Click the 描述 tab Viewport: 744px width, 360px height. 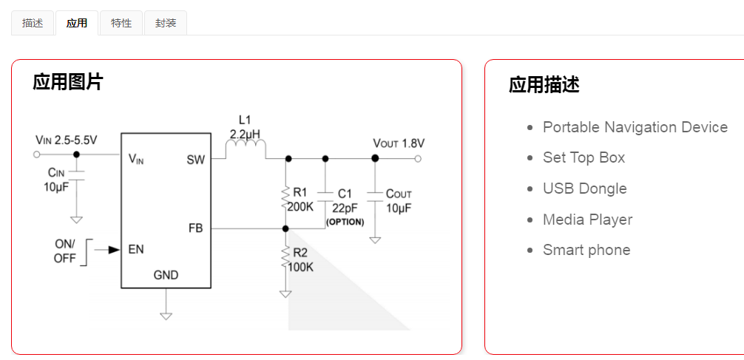click(33, 23)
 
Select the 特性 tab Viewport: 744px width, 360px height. click(121, 23)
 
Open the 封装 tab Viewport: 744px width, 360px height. click(166, 23)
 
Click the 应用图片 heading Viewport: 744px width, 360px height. click(68, 82)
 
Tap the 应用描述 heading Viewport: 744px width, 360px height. click(544, 85)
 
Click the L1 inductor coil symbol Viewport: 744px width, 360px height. click(245, 150)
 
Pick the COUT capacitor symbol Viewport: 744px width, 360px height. click(375, 194)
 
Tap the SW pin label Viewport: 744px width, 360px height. click(196, 159)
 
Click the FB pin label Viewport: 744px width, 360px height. click(196, 228)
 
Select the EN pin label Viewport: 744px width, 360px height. click(136, 249)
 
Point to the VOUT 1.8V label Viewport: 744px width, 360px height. click(399, 143)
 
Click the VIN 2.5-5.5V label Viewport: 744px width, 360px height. click(66, 140)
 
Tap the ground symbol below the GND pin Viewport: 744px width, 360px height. click(166, 315)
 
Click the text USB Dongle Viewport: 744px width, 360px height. click(584, 189)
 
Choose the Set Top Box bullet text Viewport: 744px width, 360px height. click(584, 157)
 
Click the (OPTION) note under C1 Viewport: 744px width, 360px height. click(345, 222)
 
